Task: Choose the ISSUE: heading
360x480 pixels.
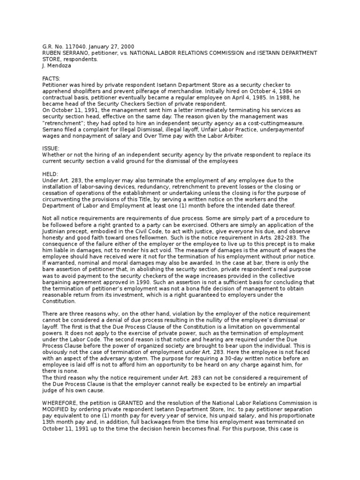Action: tap(51, 148)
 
